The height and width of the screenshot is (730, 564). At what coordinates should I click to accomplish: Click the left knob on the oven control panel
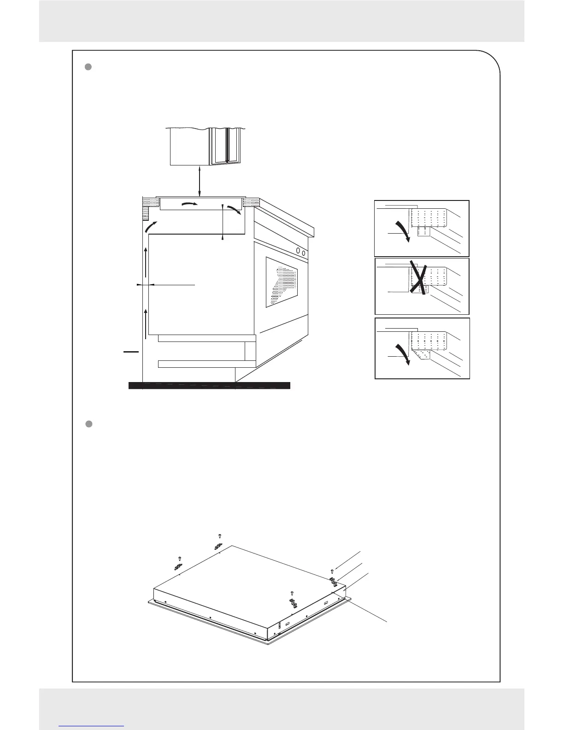(x=299, y=251)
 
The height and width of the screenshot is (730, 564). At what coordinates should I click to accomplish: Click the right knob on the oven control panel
(x=304, y=253)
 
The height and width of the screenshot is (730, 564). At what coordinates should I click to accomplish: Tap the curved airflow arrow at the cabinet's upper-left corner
(x=150, y=226)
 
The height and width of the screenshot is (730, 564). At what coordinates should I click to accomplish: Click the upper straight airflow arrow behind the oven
(x=146, y=262)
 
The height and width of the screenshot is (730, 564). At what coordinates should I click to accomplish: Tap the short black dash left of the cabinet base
(x=131, y=352)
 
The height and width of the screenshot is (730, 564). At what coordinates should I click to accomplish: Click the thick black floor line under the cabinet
(x=209, y=386)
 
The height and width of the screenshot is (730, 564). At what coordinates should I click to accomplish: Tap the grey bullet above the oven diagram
(x=90, y=67)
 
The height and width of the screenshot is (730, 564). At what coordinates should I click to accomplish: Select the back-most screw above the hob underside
(x=220, y=536)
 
